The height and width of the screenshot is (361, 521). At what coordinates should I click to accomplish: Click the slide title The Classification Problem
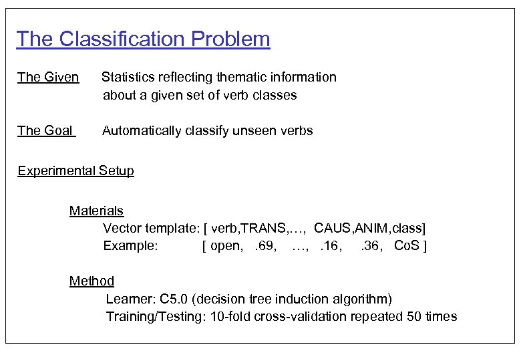pyautogui.click(x=143, y=39)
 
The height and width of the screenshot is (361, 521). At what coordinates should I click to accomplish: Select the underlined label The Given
pyautogui.click(x=48, y=78)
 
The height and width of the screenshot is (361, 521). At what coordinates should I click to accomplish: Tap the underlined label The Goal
pyautogui.click(x=45, y=131)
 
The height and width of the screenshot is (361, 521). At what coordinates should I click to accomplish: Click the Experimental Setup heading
pyautogui.click(x=75, y=170)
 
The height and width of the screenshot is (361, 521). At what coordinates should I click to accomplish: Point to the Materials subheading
pyautogui.click(x=96, y=211)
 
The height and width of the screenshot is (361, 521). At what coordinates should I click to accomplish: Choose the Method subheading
pyautogui.click(x=92, y=281)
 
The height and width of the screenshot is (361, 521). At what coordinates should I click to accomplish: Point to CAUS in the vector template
pyautogui.click(x=331, y=229)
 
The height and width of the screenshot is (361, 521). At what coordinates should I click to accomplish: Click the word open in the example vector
pyautogui.click(x=226, y=246)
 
